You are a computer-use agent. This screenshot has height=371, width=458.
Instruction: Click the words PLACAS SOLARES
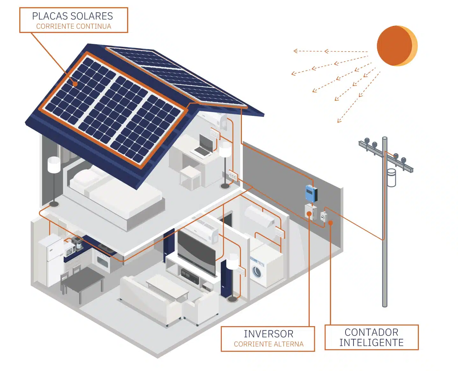tap(72, 16)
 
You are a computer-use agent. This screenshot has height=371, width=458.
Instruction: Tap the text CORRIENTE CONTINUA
tap(74, 26)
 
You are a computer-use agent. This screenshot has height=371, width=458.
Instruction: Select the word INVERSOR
tap(268, 334)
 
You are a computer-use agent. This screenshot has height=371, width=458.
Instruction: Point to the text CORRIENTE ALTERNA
tap(268, 344)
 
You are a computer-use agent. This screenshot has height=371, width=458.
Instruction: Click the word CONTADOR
tap(371, 332)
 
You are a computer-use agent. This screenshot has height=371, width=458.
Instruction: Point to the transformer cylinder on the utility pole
tap(391, 178)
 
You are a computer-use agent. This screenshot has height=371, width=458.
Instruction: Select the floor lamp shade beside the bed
tap(54, 165)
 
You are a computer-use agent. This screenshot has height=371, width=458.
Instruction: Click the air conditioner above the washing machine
tap(260, 217)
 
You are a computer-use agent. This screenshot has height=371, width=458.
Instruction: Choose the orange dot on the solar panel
tap(75, 84)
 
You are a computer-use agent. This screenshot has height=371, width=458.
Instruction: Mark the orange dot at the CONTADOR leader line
tap(331, 223)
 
